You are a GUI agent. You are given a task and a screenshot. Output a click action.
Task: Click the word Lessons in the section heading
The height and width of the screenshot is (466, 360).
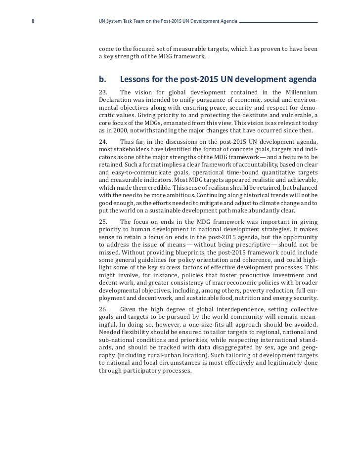click(138, 79)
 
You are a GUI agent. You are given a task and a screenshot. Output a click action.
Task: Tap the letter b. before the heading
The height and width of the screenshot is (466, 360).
click(103, 79)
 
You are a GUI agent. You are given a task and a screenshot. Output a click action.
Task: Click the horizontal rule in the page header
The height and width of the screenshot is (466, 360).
click(278, 22)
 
